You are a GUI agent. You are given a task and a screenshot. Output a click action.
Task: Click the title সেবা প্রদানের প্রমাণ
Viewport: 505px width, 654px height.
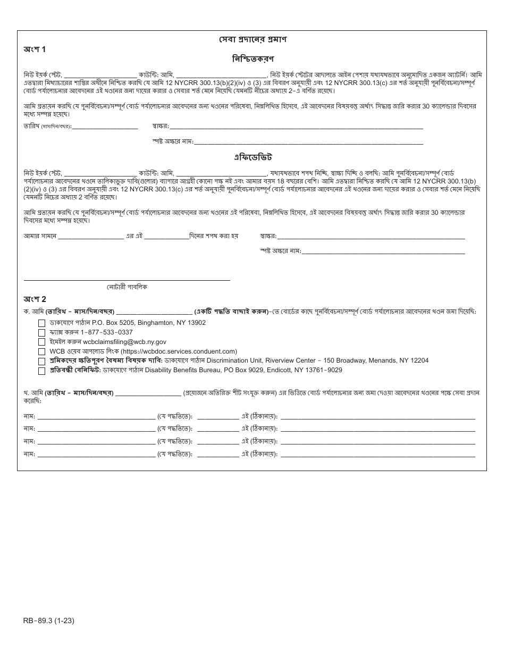point(253,40)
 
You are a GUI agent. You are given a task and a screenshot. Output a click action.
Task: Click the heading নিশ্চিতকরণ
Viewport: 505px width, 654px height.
point(253,58)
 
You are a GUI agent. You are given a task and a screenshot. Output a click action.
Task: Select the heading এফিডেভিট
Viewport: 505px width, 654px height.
point(253,157)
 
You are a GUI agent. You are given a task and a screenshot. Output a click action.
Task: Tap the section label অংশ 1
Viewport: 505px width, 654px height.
point(35,49)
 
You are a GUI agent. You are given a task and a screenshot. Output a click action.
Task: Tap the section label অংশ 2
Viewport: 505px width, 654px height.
point(35,299)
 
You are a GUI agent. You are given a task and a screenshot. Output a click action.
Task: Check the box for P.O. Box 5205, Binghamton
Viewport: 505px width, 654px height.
point(41,323)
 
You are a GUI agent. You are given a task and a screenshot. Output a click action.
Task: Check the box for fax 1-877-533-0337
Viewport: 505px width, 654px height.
point(41,333)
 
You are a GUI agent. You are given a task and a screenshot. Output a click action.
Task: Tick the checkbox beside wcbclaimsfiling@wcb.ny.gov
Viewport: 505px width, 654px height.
point(41,342)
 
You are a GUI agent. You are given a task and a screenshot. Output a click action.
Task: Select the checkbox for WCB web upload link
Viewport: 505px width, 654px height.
point(41,352)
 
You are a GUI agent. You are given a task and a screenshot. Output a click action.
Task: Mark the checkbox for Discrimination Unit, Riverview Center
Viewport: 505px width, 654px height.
point(41,362)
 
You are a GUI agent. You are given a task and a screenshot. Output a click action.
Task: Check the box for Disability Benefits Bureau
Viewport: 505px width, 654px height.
point(41,371)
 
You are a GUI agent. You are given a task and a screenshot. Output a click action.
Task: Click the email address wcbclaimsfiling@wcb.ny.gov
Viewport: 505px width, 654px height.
point(124,342)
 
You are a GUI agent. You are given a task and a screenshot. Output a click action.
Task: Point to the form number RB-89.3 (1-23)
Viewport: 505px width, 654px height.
point(52,621)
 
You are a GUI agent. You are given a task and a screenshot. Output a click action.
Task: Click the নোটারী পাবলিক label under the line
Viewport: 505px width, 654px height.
point(127,287)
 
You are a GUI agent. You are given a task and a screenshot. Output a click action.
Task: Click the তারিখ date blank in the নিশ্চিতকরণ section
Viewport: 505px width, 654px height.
point(105,127)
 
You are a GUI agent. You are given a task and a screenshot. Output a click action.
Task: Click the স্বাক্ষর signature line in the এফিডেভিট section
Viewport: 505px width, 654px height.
point(371,236)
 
